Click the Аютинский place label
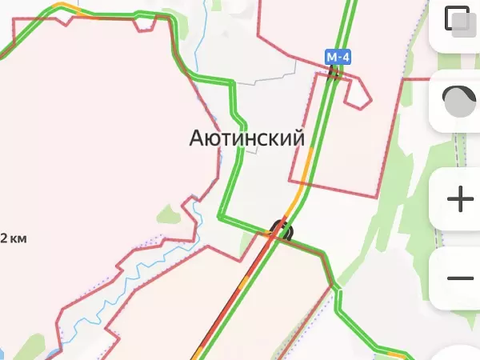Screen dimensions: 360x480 click(x=246, y=138)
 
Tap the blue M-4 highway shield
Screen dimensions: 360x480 click(x=338, y=58)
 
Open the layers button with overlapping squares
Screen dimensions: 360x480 click(x=459, y=22)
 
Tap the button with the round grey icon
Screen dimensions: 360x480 click(x=459, y=101)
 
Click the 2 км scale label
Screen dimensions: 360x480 click(x=14, y=238)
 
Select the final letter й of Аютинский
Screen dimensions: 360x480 click(x=298, y=138)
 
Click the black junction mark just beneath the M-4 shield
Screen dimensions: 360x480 click(x=335, y=74)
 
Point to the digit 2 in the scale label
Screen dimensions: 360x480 click(x=4, y=238)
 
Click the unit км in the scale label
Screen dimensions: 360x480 click(x=20, y=238)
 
